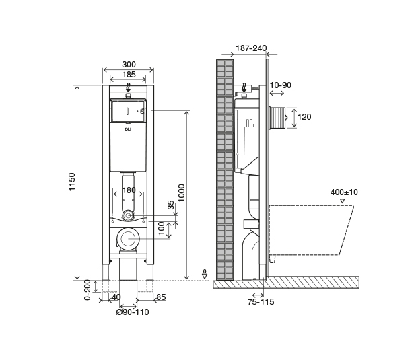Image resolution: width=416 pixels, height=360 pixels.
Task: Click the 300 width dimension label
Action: [x=129, y=64]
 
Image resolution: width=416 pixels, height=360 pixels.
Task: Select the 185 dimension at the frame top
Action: [x=129, y=75]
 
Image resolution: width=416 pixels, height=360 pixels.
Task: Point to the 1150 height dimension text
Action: [x=72, y=182]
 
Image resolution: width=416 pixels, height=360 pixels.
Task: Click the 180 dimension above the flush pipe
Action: [x=129, y=190]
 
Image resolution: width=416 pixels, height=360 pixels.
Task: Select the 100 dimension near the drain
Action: [x=162, y=228]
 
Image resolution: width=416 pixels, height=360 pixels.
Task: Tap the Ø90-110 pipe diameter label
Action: [x=132, y=312]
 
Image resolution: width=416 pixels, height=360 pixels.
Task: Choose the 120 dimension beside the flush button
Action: [x=304, y=117]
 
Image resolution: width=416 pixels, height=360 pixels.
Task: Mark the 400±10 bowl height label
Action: [x=344, y=192]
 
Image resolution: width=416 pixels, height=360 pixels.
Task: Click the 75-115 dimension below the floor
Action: [x=261, y=302]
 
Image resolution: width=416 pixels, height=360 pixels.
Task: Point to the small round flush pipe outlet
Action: [x=129, y=216]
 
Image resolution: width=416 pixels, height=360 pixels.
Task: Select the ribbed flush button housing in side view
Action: [x=279, y=117]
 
